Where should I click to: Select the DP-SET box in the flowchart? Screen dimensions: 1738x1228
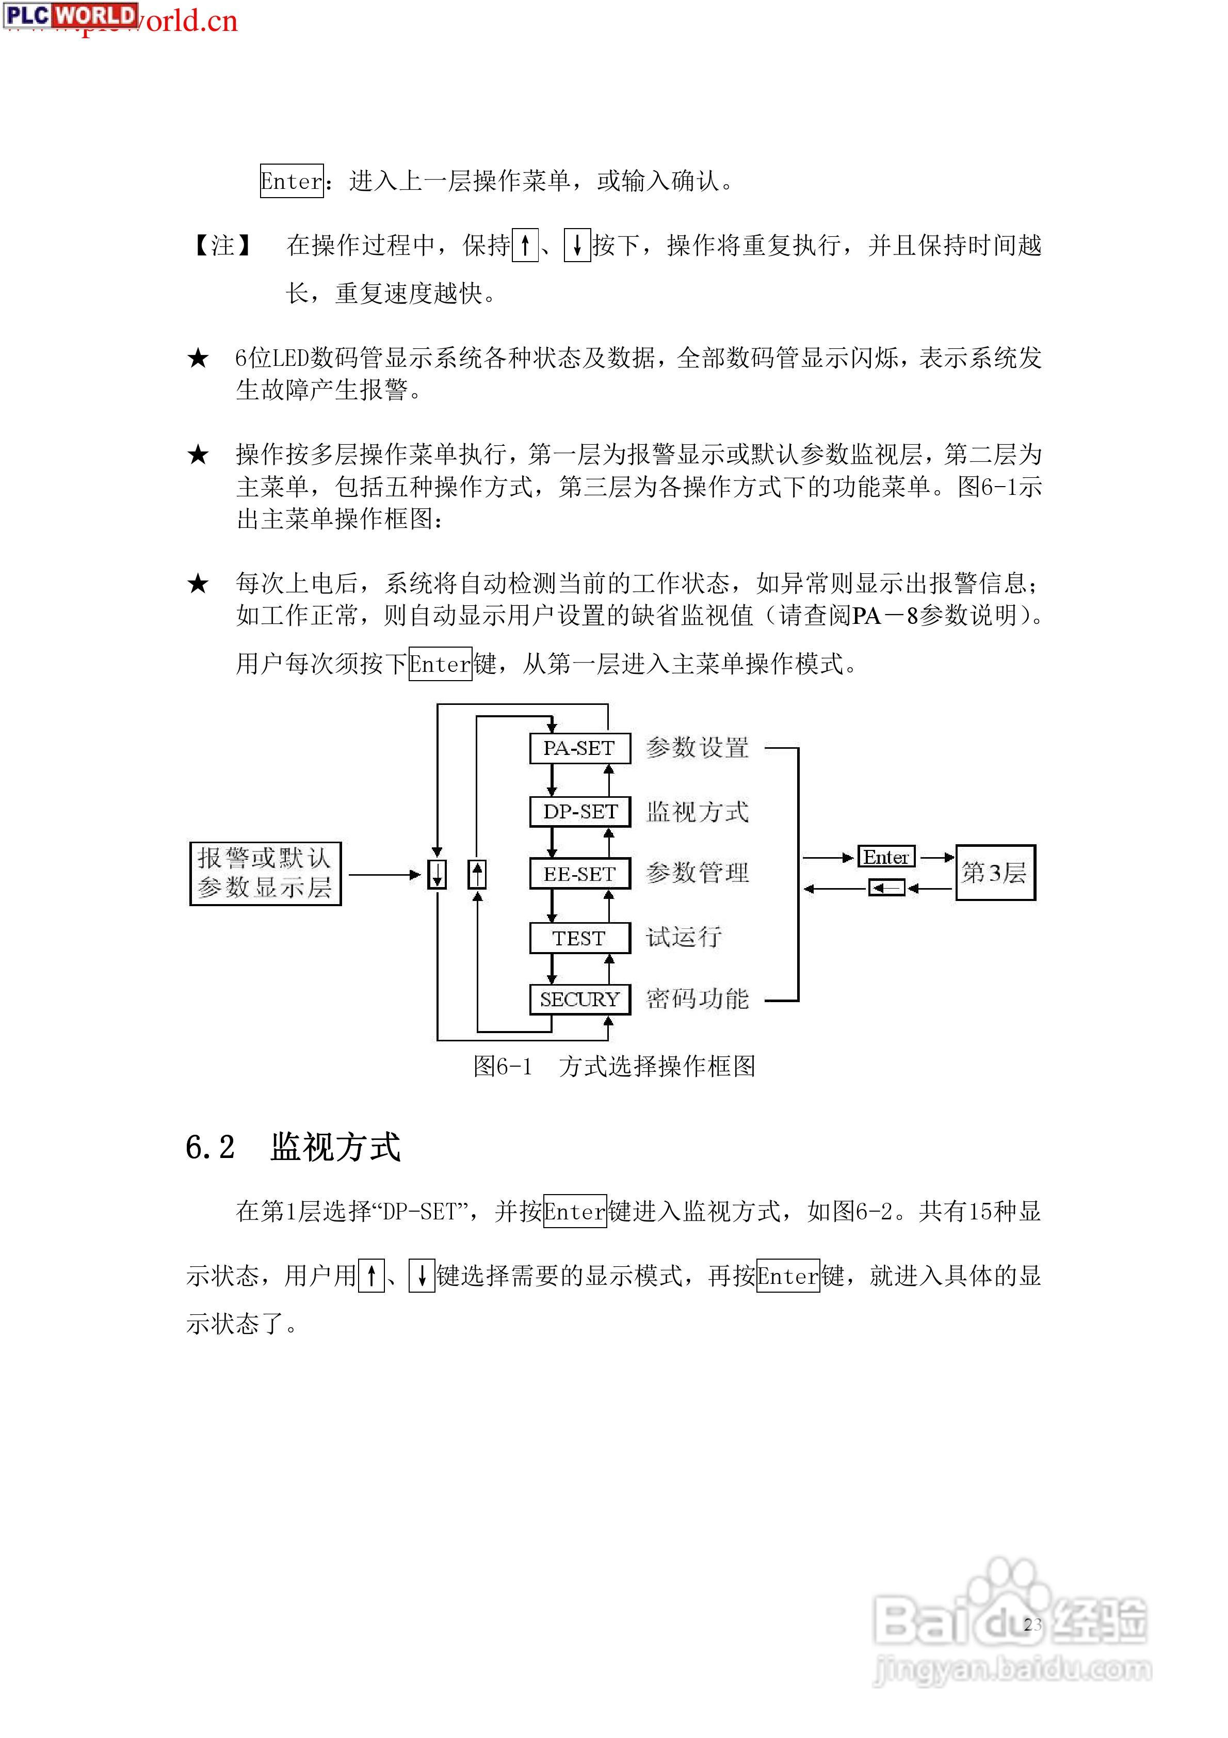click(x=579, y=812)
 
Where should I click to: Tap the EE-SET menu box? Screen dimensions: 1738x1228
click(x=579, y=874)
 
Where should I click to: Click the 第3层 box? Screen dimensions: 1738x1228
click(x=994, y=873)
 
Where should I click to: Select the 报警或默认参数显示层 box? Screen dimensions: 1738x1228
click(x=265, y=874)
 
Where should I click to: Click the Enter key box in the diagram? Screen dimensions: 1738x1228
click(x=886, y=857)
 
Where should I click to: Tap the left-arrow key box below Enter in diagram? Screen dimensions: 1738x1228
click(x=886, y=888)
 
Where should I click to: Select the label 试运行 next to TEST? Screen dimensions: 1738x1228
click(x=684, y=938)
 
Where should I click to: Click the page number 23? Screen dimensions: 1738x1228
click(x=1032, y=1624)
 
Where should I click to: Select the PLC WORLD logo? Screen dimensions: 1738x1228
click(x=70, y=15)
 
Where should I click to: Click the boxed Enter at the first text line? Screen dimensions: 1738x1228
click(x=292, y=181)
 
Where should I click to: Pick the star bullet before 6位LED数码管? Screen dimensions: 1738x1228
click(x=198, y=358)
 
